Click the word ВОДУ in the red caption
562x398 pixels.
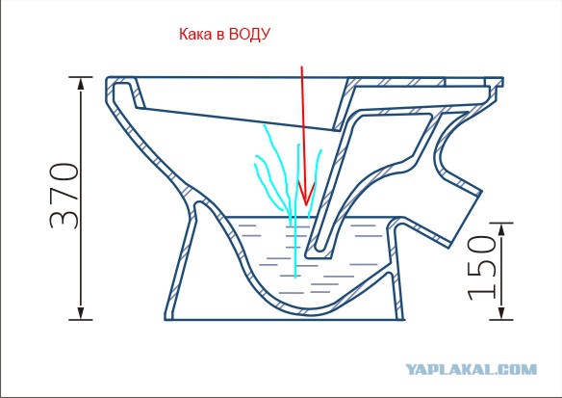point(249,35)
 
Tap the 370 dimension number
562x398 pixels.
point(64,197)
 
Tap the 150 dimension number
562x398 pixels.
point(482,268)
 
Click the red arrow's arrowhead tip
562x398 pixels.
point(305,206)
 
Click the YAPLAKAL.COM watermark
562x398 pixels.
point(471,370)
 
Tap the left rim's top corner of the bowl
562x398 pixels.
point(108,77)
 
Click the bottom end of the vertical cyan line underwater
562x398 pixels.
point(295,278)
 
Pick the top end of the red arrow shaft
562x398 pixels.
point(302,66)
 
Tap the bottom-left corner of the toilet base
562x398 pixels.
point(166,319)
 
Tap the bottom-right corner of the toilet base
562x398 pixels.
point(404,319)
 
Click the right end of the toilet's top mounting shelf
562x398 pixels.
point(502,82)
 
